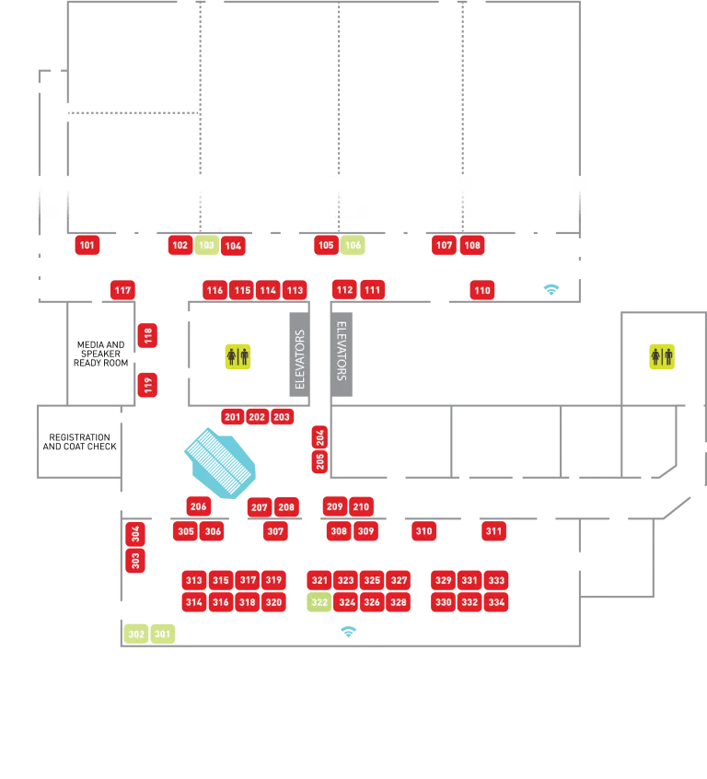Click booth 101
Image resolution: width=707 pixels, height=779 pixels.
(x=87, y=245)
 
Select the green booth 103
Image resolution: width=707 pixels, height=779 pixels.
(x=206, y=245)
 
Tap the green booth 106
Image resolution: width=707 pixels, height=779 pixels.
(x=353, y=245)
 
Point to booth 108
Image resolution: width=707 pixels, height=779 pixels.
(x=472, y=245)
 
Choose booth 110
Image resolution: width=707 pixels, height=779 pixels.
(x=482, y=291)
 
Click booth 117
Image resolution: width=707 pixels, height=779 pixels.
(x=122, y=290)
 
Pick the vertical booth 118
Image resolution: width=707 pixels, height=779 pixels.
(x=148, y=335)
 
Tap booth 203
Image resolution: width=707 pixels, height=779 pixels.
(x=282, y=417)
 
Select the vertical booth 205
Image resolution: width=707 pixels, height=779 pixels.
(x=320, y=462)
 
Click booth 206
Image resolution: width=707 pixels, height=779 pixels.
(x=199, y=506)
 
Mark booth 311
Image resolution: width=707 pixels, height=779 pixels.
(x=494, y=531)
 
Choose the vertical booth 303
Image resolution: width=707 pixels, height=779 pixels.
(x=136, y=560)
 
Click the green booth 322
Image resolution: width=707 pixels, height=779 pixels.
(x=319, y=602)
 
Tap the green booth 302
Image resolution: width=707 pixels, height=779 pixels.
(x=136, y=634)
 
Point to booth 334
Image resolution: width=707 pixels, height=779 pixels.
(x=496, y=602)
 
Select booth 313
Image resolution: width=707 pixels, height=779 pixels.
(x=193, y=580)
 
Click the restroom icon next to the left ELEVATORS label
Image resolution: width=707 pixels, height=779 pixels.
(x=238, y=356)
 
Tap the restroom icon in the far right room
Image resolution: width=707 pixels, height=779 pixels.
(x=662, y=355)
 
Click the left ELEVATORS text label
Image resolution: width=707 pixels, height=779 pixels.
(x=300, y=359)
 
